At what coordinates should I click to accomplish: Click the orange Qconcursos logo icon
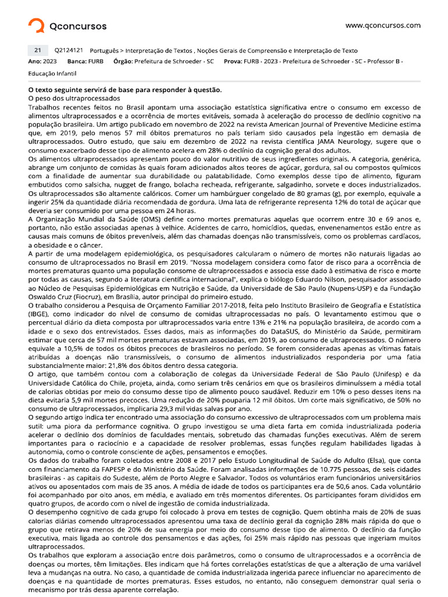(36, 26)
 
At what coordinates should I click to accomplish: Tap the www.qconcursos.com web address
(383, 25)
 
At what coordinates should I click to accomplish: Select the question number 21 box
(36, 51)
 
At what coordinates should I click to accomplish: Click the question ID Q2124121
(68, 51)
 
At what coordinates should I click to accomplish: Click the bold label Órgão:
(123, 61)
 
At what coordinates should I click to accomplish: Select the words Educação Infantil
(52, 74)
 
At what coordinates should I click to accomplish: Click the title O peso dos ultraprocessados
(65, 99)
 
